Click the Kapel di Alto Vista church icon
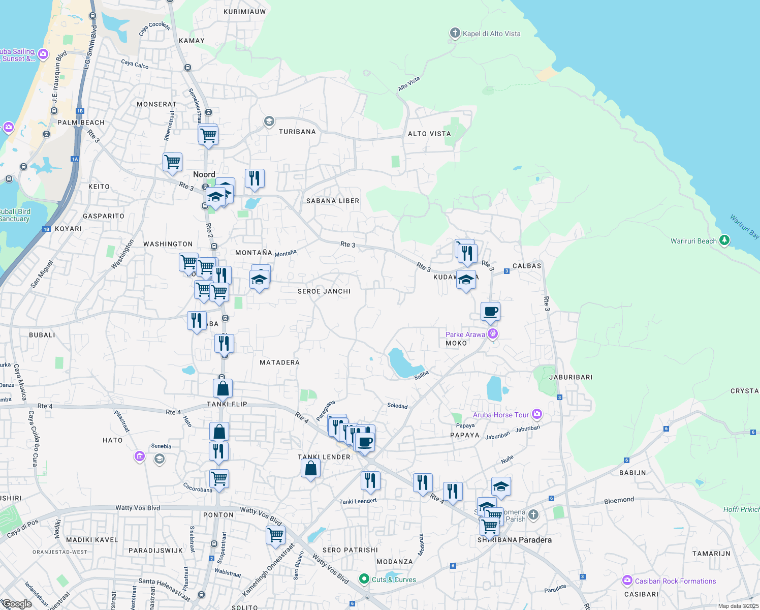click(455, 34)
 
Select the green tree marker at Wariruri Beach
click(724, 239)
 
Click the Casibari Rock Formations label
click(675, 581)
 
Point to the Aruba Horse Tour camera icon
click(537, 414)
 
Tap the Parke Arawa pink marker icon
click(492, 334)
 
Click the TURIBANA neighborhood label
click(297, 132)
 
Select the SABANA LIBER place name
click(332, 201)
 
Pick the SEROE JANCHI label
click(324, 291)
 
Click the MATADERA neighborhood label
click(279, 362)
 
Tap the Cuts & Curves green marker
click(364, 579)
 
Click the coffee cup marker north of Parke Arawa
click(490, 312)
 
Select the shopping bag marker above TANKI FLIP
click(223, 388)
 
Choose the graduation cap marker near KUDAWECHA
click(466, 280)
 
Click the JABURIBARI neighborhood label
click(571, 377)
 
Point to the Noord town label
click(204, 174)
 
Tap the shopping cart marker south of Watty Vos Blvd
click(275, 535)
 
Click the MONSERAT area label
click(156, 104)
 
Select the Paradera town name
click(535, 540)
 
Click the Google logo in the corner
click(17, 604)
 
